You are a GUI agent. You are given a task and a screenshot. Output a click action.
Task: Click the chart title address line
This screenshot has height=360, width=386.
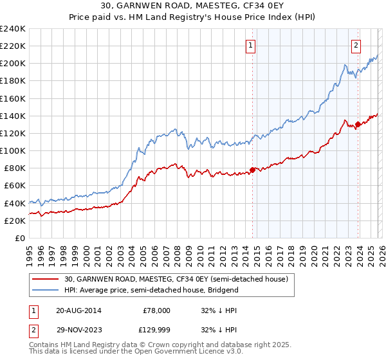pos(192,6)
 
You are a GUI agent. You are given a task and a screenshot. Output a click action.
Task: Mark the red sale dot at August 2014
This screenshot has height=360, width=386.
pos(252,170)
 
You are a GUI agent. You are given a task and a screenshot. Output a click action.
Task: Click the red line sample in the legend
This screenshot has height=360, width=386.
pos(46,279)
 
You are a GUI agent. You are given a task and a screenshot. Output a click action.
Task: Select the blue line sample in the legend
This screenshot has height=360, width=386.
pos(46,290)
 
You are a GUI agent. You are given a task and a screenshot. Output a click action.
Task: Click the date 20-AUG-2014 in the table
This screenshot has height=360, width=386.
pos(78,310)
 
